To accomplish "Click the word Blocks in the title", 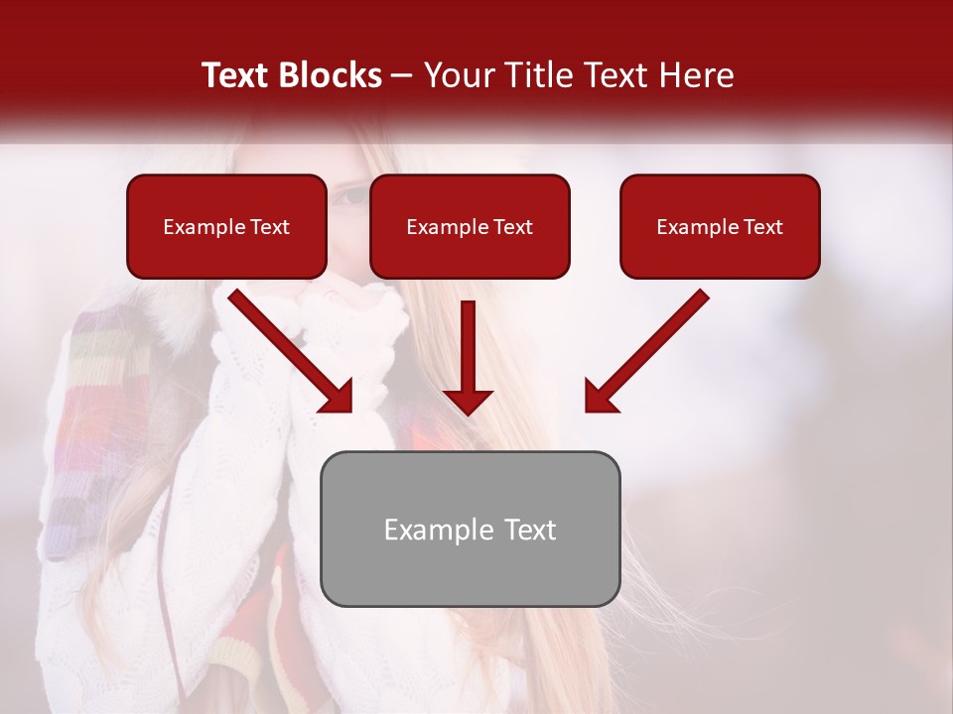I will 330,75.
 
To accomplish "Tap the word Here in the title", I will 696,75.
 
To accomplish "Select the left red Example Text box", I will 226,226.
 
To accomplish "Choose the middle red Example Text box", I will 470,226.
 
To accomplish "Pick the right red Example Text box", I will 720,226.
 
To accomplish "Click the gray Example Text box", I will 470,529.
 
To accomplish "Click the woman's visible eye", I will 349,195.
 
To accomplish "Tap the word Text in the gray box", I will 529,530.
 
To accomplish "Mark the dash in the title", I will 402,75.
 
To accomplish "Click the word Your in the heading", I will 456,75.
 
